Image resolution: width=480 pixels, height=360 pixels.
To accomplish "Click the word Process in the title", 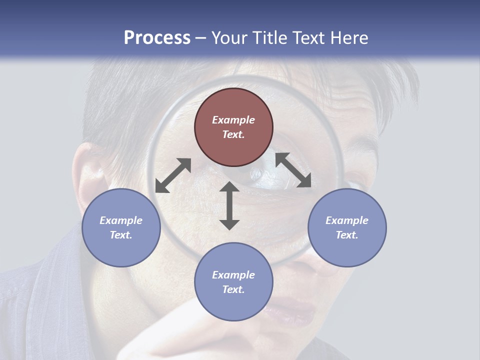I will (x=157, y=38).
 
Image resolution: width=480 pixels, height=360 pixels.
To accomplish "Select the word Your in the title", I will (x=230, y=38).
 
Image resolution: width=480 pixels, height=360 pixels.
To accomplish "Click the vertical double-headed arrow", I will (x=229, y=205).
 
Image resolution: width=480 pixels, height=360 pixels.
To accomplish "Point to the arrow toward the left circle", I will (x=173, y=175).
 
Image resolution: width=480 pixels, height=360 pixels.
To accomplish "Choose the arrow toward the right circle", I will (x=293, y=170).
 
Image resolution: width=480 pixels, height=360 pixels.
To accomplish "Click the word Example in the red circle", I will (x=233, y=120).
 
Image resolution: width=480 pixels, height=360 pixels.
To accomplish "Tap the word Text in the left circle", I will (x=121, y=235).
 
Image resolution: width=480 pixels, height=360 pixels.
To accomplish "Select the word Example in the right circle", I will (x=347, y=220).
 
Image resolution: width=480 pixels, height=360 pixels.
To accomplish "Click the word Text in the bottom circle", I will (x=233, y=289).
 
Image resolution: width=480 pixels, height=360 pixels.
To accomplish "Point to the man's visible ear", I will (x=90, y=172).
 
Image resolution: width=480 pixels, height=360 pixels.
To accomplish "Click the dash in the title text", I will (x=201, y=38).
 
